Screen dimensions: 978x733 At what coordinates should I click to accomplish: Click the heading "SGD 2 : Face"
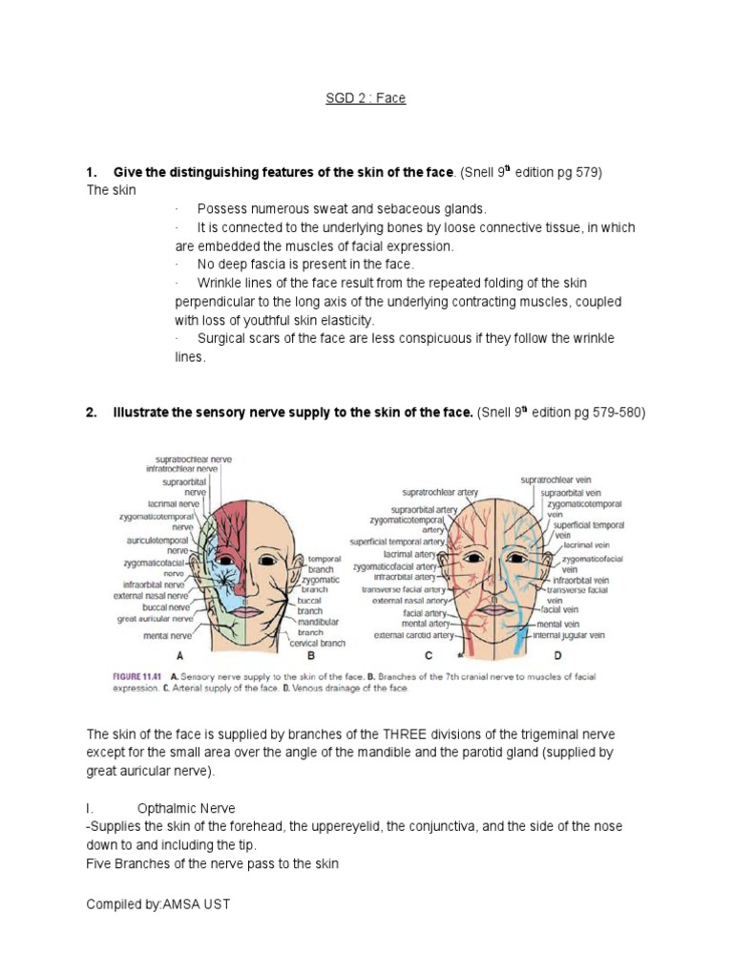pyautogui.click(x=366, y=98)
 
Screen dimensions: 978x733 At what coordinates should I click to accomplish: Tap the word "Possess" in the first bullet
pyautogui.click(x=220, y=208)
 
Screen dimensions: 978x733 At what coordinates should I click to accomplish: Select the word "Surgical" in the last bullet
pyautogui.click(x=223, y=338)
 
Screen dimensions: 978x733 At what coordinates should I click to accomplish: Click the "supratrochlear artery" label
pyautogui.click(x=440, y=493)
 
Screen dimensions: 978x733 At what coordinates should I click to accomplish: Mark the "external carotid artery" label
pyautogui.click(x=413, y=634)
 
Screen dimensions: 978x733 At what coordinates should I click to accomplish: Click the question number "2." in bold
pyautogui.click(x=92, y=413)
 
